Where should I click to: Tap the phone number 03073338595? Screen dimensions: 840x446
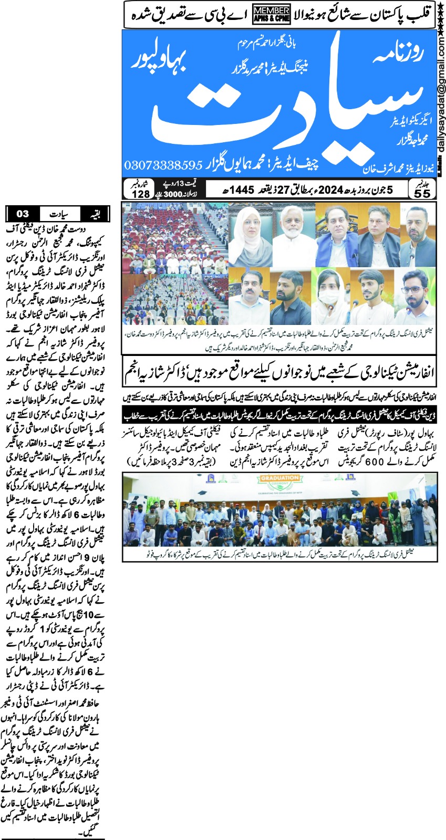coord(163,165)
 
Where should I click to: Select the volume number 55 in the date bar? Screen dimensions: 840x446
coord(422,193)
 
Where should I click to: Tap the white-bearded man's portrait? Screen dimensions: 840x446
coord(292,235)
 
